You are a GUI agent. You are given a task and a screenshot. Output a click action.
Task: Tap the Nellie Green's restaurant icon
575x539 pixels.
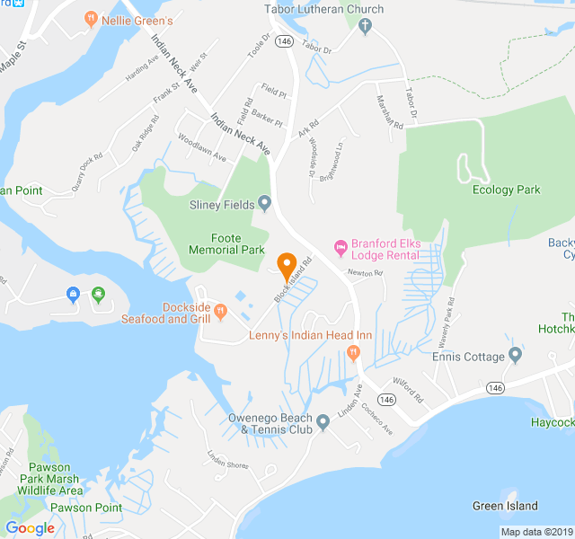pos(90,18)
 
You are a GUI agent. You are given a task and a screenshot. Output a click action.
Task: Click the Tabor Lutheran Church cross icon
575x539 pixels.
pos(365,26)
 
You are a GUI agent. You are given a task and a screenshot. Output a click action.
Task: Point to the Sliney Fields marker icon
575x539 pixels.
pos(265,204)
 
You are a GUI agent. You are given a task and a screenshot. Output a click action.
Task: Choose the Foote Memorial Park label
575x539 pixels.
pos(226,243)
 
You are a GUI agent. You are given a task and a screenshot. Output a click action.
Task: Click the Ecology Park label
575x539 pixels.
pos(507,190)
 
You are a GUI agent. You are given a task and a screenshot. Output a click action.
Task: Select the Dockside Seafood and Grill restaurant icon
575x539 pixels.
pos(221,312)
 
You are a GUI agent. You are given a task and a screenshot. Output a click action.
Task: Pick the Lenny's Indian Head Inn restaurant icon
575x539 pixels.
pos(353,352)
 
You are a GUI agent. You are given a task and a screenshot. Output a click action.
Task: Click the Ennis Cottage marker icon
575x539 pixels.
pos(515,356)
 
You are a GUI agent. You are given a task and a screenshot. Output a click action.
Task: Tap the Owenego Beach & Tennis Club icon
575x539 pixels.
pos(323,422)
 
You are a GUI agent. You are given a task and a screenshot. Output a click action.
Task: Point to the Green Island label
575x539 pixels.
pos(505,506)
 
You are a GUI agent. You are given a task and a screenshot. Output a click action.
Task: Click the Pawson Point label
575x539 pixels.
pos(86,508)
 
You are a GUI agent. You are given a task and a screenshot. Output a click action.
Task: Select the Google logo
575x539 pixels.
pos(31,528)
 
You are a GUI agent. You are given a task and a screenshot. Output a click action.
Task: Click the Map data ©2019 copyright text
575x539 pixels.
pos(535,532)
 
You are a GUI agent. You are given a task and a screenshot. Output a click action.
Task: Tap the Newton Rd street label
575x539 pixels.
pos(366,273)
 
